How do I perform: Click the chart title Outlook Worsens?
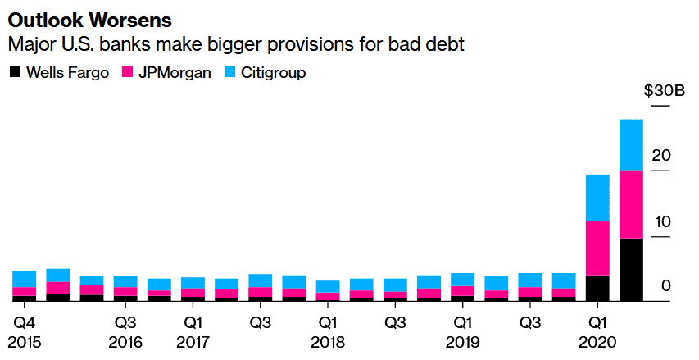(73, 17)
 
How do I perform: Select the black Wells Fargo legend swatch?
(15, 73)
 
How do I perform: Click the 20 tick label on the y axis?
(660, 155)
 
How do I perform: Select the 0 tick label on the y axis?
(665, 286)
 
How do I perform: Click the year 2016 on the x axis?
(125, 341)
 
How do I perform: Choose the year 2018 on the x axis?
(328, 341)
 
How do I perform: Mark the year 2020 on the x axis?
(597, 341)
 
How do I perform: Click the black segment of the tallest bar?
(631, 270)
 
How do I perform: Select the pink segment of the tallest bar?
(631, 204)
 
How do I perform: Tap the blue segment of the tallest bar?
(631, 144)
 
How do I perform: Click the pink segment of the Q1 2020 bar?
(597, 248)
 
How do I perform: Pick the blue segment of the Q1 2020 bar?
(597, 198)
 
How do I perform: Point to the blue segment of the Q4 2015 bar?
(24, 279)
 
